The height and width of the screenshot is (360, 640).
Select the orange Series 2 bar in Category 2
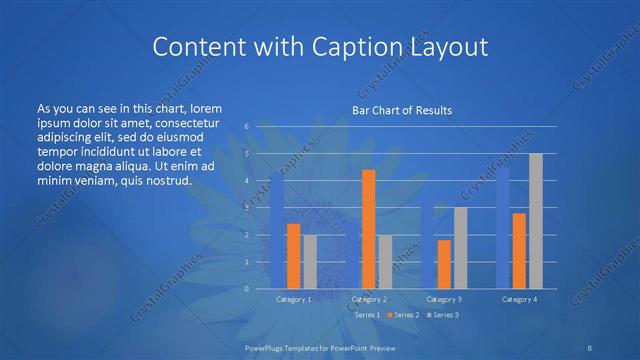tap(369, 229)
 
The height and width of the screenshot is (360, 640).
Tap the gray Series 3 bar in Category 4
tap(535, 220)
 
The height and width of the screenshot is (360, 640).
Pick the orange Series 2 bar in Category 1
tap(293, 255)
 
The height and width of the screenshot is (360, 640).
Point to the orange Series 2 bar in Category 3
tap(444, 264)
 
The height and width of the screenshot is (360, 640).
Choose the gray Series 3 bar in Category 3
tap(460, 247)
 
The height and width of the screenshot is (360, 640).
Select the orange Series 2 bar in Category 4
tap(519, 250)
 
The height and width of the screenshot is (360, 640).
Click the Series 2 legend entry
tap(401, 315)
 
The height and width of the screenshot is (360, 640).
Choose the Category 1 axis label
tap(294, 299)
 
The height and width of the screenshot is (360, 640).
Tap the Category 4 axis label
tap(520, 299)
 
